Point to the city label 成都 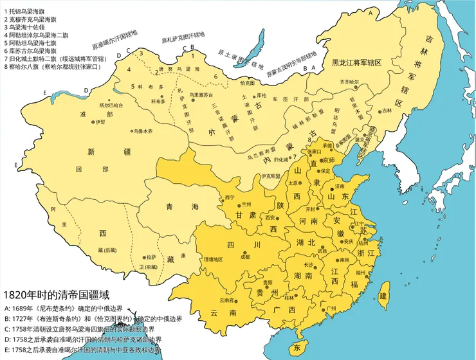244,256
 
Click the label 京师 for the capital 328,160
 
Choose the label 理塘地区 213,258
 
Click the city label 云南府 226,300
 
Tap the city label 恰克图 247,83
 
